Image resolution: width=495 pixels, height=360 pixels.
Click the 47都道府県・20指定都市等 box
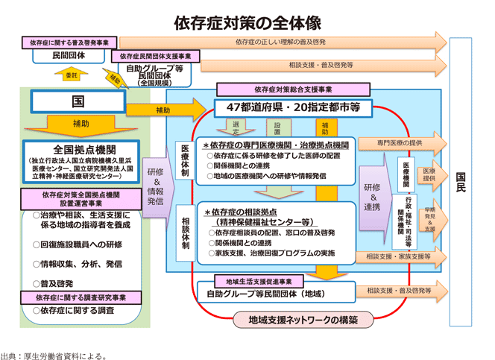pos(292,108)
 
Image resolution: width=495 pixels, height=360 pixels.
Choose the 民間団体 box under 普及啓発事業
pos(68,55)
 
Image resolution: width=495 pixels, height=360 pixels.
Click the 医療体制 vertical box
pos(184,158)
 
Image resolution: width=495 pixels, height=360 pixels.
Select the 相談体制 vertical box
pos(184,232)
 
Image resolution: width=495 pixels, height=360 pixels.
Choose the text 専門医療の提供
pos(398,142)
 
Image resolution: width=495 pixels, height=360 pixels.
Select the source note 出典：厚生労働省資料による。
pos(54,355)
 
